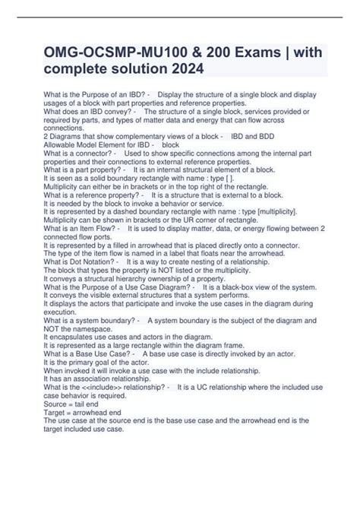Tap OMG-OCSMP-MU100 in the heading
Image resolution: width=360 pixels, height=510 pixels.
(x=106, y=51)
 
